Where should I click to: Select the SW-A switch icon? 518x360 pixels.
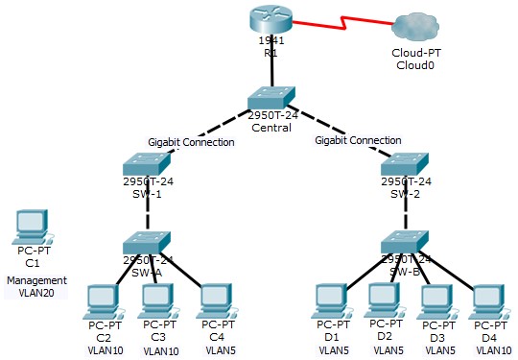pyautogui.click(x=148, y=240)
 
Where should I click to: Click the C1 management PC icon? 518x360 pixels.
pyautogui.click(x=32, y=227)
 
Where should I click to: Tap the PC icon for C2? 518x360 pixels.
pyautogui.click(x=101, y=300)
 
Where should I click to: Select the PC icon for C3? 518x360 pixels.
pyautogui.click(x=159, y=300)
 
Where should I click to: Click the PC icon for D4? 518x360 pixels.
pyautogui.click(x=489, y=300)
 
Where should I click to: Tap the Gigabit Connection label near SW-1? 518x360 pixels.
pyautogui.click(x=191, y=142)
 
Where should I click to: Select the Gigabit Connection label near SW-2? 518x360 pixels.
pyautogui.click(x=358, y=140)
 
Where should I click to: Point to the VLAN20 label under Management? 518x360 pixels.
pyautogui.click(x=37, y=293)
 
